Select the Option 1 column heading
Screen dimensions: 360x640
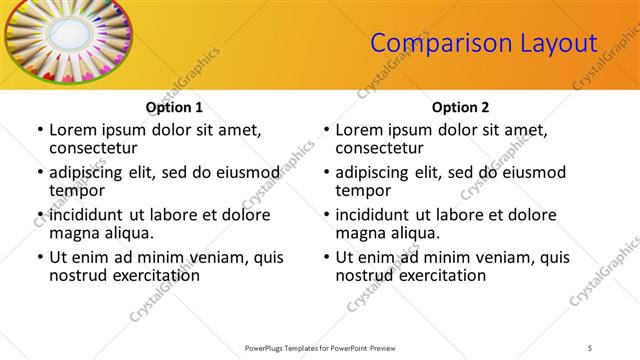pos(174,107)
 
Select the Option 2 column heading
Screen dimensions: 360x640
pos(460,107)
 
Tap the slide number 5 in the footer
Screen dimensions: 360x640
pos(592,347)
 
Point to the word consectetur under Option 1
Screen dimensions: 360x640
pos(96,148)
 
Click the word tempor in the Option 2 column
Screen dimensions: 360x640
pos(362,190)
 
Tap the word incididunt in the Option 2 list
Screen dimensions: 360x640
pos(378,214)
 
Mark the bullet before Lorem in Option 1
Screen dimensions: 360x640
pos(39,131)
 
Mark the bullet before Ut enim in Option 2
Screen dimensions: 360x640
pos(326,257)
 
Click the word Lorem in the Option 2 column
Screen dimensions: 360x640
pos(360,130)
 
